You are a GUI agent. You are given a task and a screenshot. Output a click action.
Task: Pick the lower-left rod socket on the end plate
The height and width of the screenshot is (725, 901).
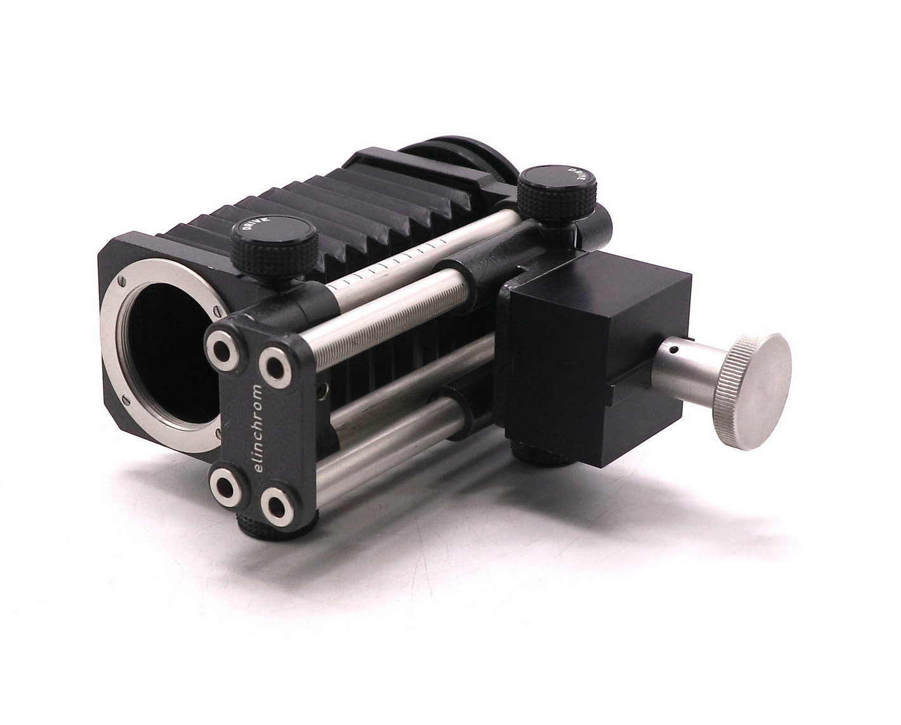click(226, 488)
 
